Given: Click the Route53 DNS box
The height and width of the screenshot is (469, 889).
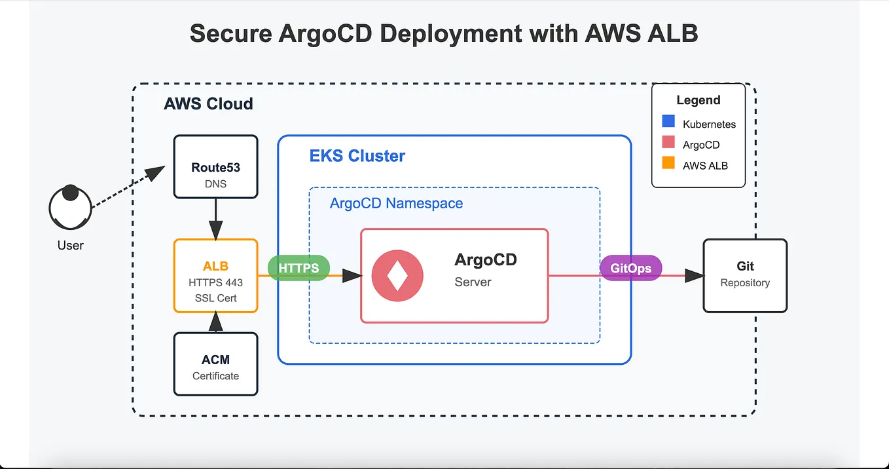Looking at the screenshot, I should click(215, 167).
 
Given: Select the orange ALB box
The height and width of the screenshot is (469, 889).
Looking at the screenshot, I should click(215, 276).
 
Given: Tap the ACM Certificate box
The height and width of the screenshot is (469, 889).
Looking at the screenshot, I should click(215, 364).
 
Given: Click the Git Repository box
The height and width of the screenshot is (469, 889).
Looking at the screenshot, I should click(744, 275).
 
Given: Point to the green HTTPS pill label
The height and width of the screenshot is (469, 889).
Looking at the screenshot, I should click(299, 269).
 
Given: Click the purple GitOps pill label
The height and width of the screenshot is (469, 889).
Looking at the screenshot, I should click(630, 269).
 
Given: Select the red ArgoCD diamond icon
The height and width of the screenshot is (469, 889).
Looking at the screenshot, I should click(397, 276).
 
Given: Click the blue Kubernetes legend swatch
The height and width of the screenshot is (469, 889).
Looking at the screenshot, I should click(668, 122).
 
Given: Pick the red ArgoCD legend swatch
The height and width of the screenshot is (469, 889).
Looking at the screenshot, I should click(668, 143).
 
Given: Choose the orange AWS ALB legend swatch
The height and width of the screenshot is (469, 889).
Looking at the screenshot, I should click(668, 164).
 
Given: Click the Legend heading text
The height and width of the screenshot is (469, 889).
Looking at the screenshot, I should click(698, 100).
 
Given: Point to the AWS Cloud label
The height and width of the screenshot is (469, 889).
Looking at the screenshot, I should click(208, 104).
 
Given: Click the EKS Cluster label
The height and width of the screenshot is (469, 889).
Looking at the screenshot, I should click(357, 156).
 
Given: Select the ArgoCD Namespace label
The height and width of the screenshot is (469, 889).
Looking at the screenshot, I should click(396, 203).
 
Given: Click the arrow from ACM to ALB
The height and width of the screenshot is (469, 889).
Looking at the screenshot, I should click(215, 322).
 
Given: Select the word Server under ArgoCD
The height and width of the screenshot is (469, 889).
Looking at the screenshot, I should click(473, 282).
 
